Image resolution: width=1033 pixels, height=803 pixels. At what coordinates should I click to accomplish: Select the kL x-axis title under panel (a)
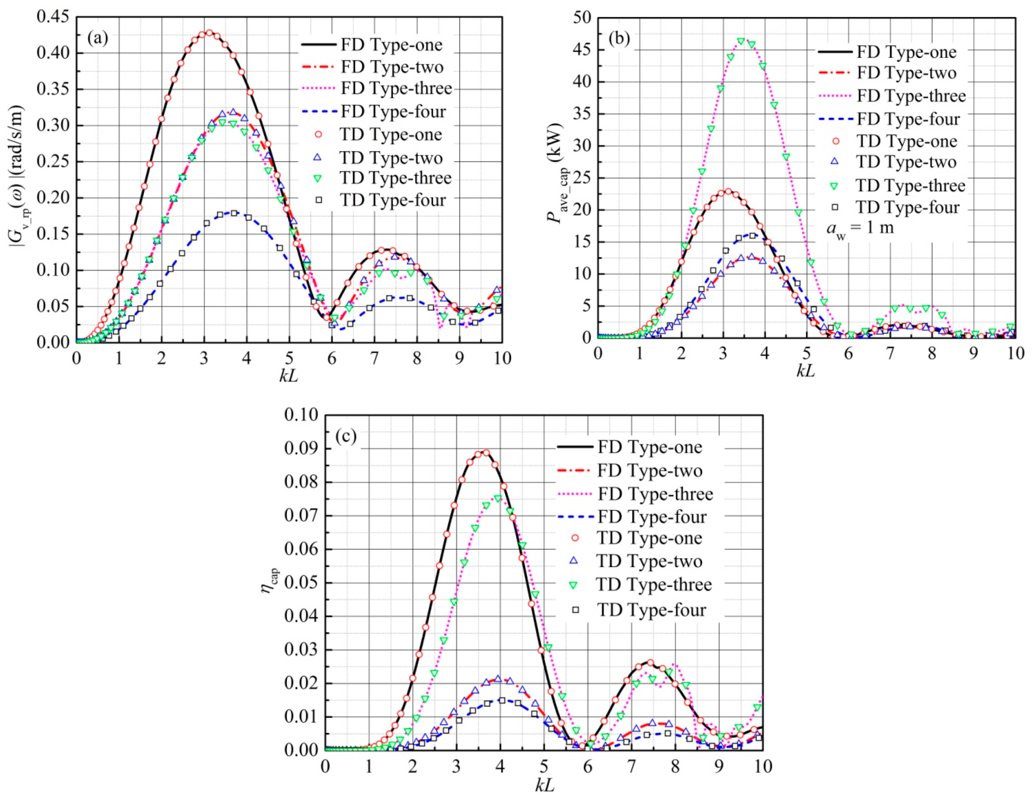pyautogui.click(x=289, y=377)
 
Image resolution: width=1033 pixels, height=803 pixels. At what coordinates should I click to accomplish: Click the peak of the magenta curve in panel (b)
pyautogui.click(x=741, y=41)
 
